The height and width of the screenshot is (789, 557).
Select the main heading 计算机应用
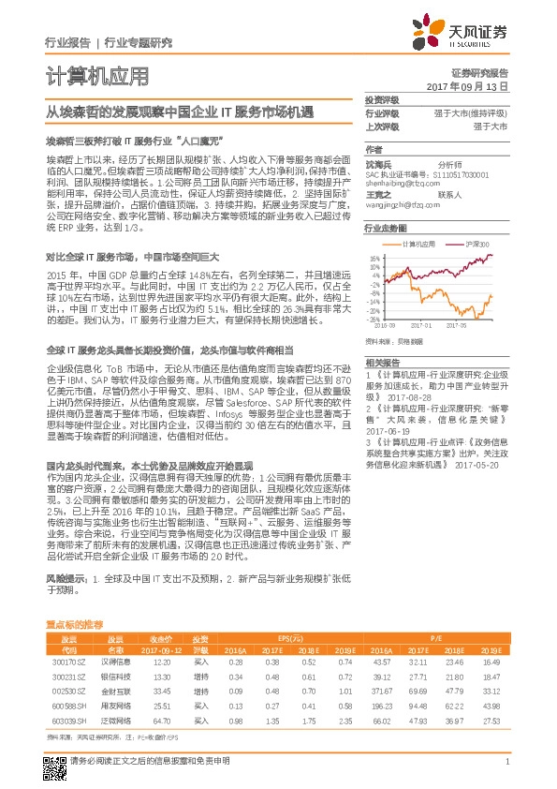(96, 78)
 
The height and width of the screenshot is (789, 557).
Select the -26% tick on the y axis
(374, 318)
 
